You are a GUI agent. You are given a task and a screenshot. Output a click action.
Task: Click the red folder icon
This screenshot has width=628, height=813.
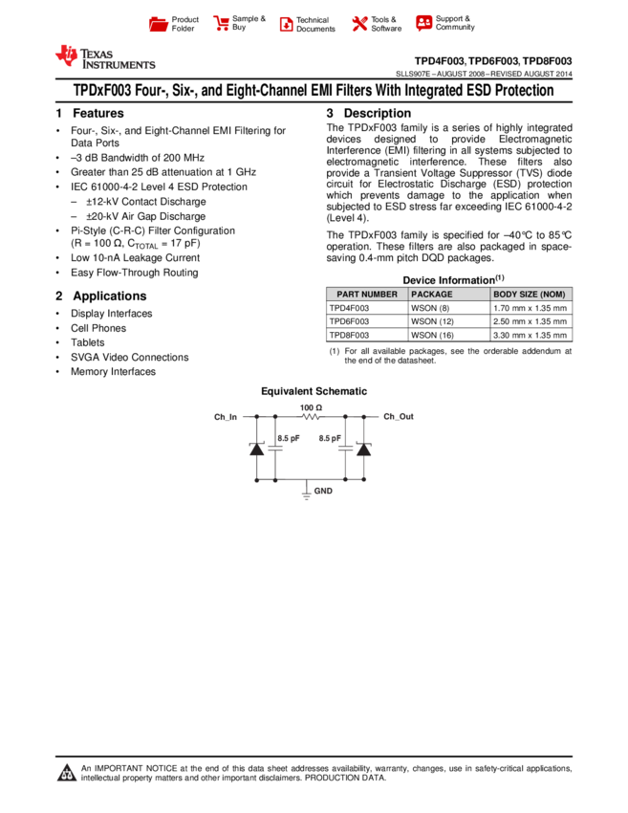click(159, 25)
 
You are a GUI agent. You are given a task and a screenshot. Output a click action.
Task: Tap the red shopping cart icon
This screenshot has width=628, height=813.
click(222, 24)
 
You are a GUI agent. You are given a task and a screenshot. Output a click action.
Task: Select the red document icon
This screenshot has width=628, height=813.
click(286, 25)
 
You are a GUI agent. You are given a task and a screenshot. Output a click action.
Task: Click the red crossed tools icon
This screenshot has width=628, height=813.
click(359, 24)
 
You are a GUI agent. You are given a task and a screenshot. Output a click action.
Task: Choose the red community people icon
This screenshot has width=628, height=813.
click(423, 22)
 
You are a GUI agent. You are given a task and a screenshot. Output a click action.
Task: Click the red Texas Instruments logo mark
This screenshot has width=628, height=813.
click(67, 55)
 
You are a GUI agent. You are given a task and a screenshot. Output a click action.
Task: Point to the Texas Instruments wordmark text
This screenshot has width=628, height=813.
click(118, 59)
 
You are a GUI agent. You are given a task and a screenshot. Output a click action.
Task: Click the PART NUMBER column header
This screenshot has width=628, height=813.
click(367, 295)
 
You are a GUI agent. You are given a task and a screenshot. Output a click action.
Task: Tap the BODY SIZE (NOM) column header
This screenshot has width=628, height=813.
click(530, 295)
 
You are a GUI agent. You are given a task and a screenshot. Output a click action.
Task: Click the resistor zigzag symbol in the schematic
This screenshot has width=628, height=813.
click(311, 417)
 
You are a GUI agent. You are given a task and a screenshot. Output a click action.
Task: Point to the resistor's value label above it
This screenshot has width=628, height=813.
click(311, 407)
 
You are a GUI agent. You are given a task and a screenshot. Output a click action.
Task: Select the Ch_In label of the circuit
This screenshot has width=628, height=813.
click(226, 417)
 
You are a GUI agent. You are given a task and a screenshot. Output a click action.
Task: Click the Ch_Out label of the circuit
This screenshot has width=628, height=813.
click(399, 417)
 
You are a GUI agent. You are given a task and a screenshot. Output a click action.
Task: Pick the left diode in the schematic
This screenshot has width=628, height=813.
click(256, 448)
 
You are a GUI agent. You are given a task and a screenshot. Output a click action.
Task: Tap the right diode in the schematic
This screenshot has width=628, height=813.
click(363, 448)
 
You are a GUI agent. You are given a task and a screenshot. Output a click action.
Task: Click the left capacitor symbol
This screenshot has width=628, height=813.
click(275, 448)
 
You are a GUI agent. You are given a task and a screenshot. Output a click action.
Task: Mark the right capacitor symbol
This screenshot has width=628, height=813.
click(345, 448)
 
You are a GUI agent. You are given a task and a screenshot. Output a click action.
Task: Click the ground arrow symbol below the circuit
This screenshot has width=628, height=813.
click(306, 495)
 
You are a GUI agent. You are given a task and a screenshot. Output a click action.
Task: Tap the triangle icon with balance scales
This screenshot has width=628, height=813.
click(67, 773)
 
